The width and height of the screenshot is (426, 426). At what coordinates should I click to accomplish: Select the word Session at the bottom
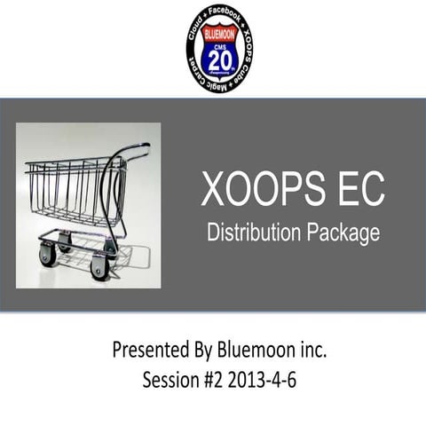(173, 380)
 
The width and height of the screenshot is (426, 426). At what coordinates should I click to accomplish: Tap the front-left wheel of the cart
(47, 255)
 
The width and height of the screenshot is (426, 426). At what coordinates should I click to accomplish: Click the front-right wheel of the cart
(99, 266)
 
